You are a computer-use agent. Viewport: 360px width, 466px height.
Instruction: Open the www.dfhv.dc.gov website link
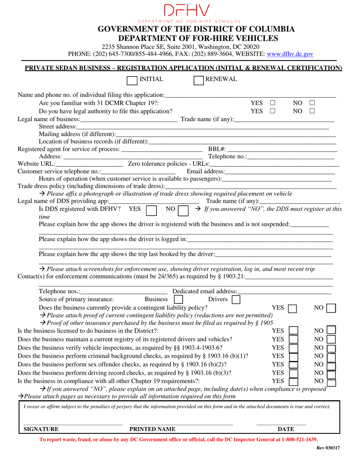click(x=290, y=54)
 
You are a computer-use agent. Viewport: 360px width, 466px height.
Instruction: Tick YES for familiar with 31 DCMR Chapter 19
click(x=272, y=103)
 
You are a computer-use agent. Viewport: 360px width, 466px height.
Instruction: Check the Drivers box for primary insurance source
click(x=236, y=300)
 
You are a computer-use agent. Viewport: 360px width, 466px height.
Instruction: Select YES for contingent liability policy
click(x=292, y=308)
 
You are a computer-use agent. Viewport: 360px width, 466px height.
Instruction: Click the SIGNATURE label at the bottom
click(x=41, y=429)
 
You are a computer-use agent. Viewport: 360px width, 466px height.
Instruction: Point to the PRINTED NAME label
click(x=153, y=429)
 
